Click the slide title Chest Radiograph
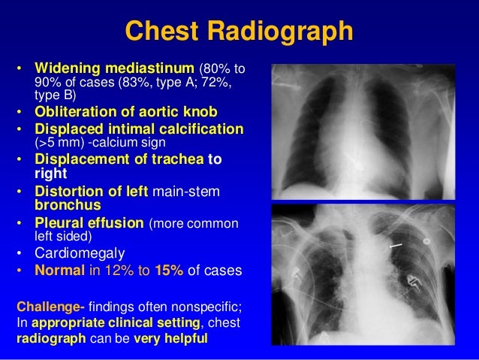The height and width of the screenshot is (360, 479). [x=238, y=32]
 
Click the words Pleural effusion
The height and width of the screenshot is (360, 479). [x=89, y=222]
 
